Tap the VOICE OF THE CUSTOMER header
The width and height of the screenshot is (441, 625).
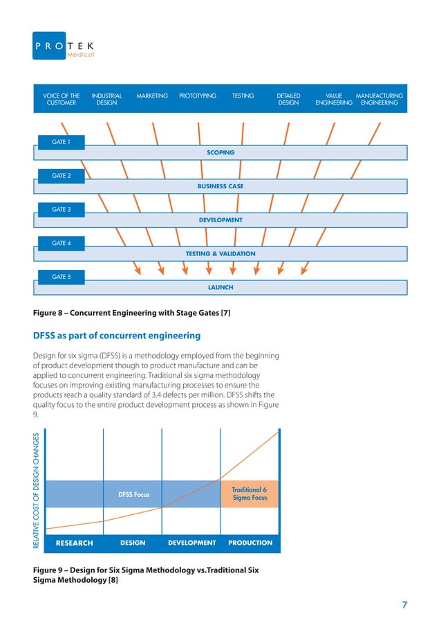(x=62, y=100)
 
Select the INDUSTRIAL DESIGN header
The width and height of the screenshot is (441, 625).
(x=107, y=100)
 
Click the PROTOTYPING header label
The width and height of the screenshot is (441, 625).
(x=198, y=96)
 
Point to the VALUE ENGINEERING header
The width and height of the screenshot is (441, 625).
(x=334, y=100)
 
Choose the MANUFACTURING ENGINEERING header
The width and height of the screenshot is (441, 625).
(x=379, y=100)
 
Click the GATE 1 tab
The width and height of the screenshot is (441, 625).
(x=62, y=142)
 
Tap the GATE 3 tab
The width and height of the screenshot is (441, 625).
(x=62, y=209)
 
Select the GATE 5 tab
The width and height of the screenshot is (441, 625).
(x=62, y=277)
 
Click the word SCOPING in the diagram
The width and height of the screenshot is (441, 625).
(x=220, y=152)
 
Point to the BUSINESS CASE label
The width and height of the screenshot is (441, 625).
(x=220, y=186)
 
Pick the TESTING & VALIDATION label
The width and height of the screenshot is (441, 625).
(x=220, y=254)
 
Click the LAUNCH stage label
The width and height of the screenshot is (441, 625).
(x=220, y=287)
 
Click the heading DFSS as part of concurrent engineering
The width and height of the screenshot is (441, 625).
(x=117, y=336)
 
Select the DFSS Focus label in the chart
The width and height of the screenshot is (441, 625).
(x=134, y=495)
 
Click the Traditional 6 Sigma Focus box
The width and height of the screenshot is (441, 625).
(x=250, y=493)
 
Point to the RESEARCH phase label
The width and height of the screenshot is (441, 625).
(x=74, y=543)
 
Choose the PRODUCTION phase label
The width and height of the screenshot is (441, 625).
(x=250, y=543)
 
